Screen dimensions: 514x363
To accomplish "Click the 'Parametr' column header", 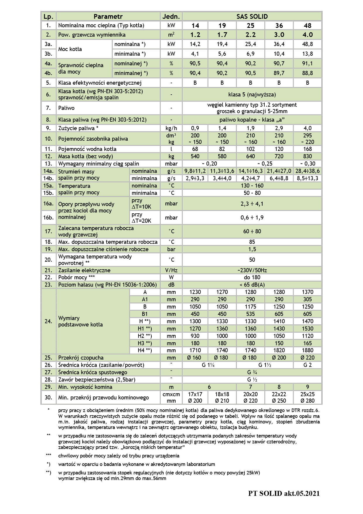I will tap(108, 17).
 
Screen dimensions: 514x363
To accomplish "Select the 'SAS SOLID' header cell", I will tap(252, 17).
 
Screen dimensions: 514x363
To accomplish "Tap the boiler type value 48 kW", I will tap(307, 25).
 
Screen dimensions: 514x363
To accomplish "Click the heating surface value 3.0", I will tap(279, 35).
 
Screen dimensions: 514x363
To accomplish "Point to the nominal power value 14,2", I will tap(195, 44).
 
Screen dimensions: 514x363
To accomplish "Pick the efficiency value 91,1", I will tap(307, 64).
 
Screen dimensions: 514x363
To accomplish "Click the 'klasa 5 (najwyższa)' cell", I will tap(252, 95).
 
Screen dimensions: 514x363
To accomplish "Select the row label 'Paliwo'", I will tap(66, 108).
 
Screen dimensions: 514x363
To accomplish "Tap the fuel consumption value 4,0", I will tap(307, 128).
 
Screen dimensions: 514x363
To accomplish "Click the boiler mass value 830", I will tap(307, 156).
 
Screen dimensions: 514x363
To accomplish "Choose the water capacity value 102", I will tap(251, 149).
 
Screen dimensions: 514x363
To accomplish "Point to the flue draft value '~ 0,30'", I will tap(307, 164).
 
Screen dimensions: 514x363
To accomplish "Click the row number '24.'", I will tap(48, 321).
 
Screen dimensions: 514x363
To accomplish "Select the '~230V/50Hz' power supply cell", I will tap(252, 270).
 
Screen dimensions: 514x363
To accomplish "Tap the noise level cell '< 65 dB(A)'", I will tap(252, 285).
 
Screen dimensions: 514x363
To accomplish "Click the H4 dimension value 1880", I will tap(307, 350).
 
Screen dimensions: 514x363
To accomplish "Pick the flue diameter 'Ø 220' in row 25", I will tap(307, 358).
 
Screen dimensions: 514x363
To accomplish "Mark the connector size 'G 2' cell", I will tap(307, 365).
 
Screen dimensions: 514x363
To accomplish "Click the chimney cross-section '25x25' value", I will tap(307, 394).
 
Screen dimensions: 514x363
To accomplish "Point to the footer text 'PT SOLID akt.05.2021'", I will tap(284, 493).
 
